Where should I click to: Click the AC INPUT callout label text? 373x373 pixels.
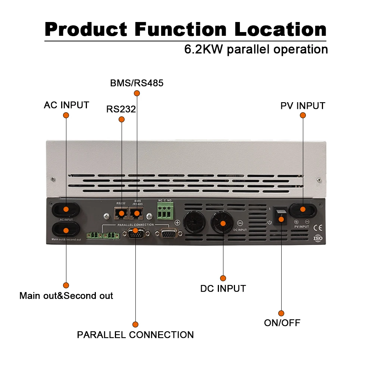[x=66, y=105]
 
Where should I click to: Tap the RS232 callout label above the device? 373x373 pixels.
[x=121, y=109]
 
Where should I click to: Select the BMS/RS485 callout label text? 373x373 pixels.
[x=137, y=83]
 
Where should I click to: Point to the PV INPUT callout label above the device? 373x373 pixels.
[x=303, y=106]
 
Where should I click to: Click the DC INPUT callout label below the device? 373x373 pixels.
[x=223, y=288]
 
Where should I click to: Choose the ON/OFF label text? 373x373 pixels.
[x=282, y=323]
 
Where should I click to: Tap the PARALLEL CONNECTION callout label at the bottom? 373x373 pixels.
[x=135, y=335]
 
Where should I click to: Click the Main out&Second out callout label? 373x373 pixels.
[x=66, y=296]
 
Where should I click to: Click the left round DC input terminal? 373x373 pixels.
[x=194, y=223]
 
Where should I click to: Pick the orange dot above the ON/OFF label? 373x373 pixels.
[x=281, y=313]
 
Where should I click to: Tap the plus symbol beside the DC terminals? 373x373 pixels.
[x=178, y=223]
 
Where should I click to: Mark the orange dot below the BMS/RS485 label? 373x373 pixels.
[x=137, y=93]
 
